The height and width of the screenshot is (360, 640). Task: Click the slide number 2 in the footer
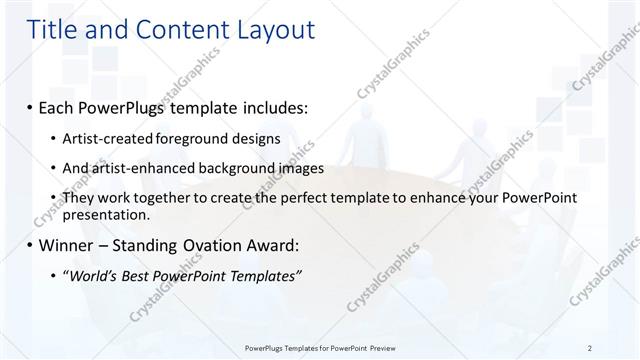pyautogui.click(x=590, y=347)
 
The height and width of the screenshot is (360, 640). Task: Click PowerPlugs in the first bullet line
pyautogui.click(x=126, y=105)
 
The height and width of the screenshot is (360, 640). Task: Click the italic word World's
pyautogui.click(x=92, y=277)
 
